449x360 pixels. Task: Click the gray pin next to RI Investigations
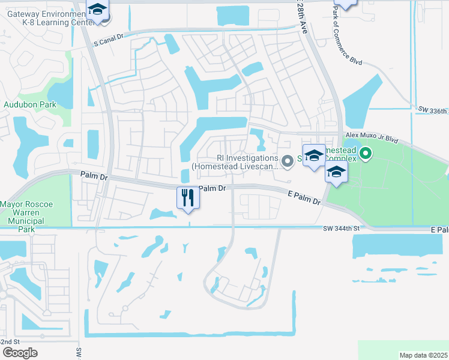pos(288,160)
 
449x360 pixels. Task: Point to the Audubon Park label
pos(30,104)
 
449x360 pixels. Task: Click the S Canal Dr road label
pos(109,43)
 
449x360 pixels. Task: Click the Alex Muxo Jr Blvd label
pos(372,137)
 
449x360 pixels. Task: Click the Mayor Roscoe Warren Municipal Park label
pos(26,212)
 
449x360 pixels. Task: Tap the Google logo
pos(20,353)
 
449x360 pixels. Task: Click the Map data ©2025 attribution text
pos(424,355)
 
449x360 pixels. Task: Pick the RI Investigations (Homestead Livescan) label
pos(235,162)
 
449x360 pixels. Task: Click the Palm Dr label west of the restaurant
pos(93,176)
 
